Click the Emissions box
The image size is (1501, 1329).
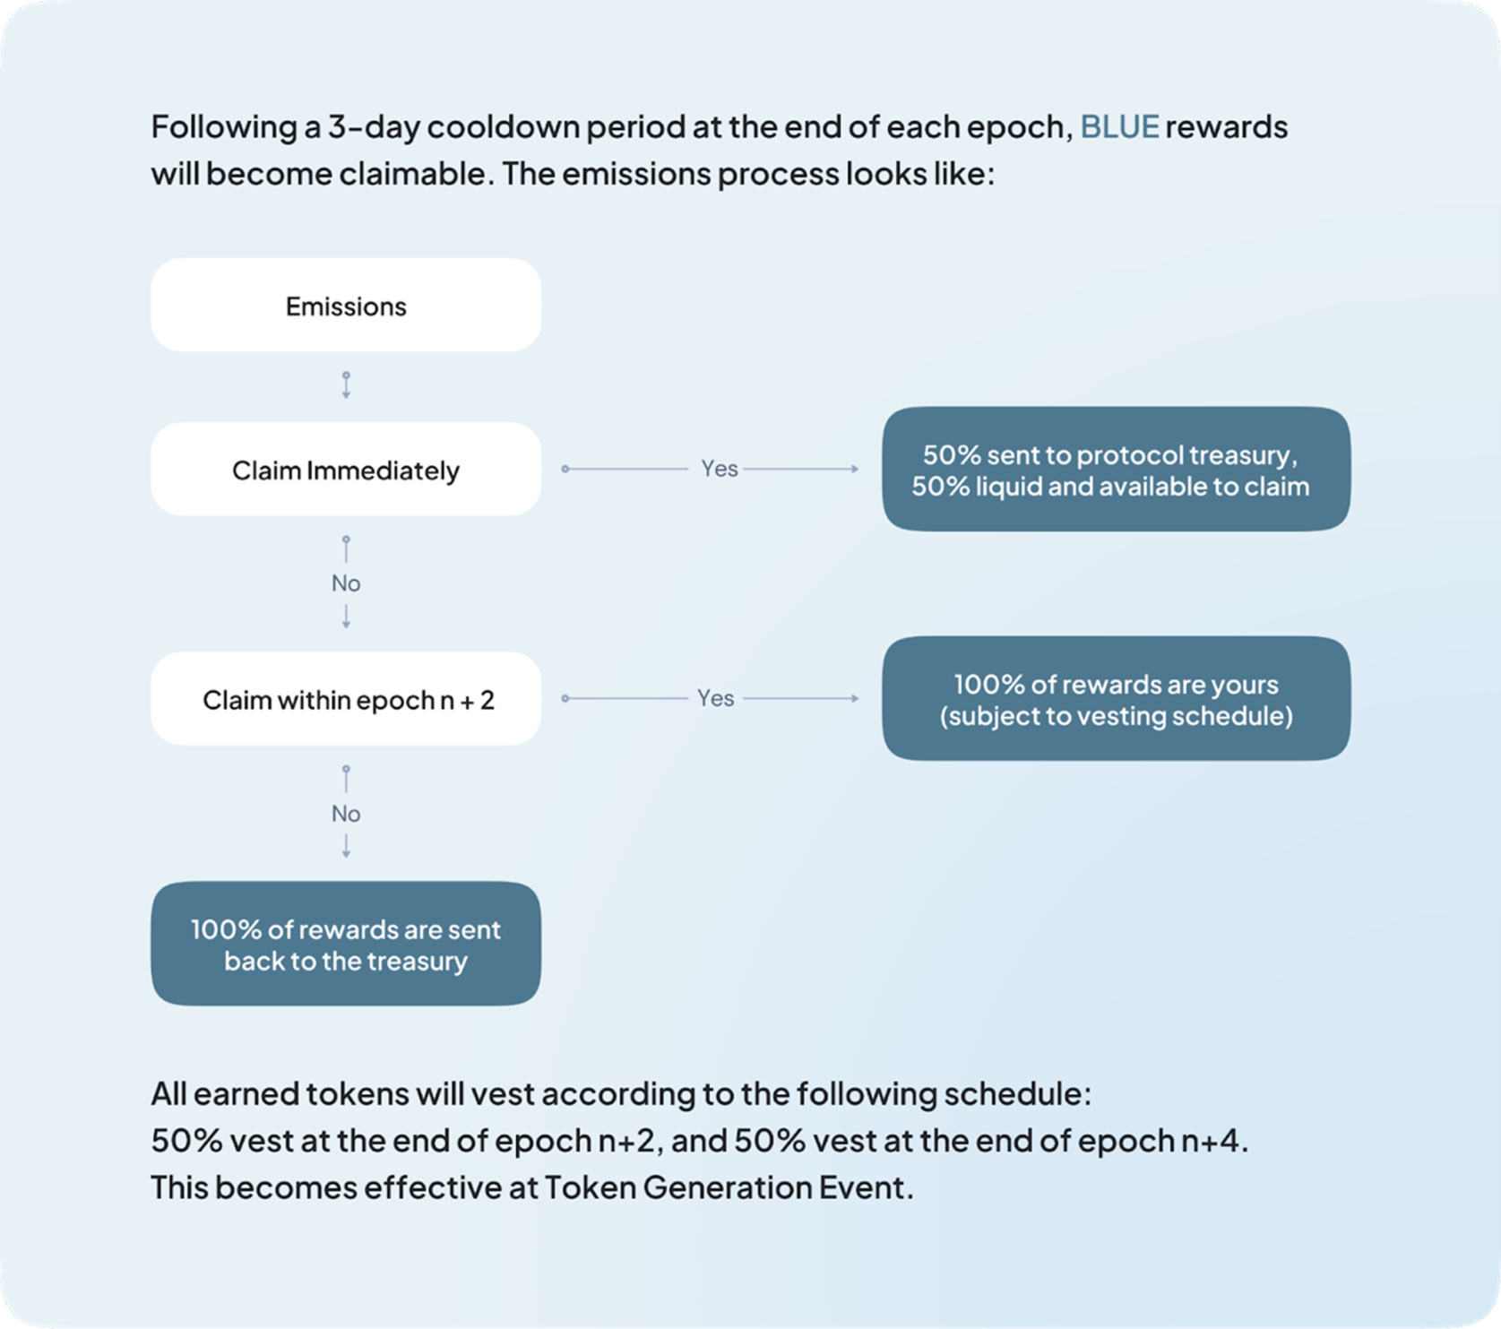pos(346,305)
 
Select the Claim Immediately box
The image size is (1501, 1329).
pos(346,469)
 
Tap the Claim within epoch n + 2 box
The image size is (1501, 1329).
pos(346,698)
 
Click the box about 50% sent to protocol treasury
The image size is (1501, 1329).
pos(1116,469)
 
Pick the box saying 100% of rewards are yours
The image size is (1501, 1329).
pos(1116,698)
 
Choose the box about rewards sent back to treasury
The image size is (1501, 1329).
pos(346,943)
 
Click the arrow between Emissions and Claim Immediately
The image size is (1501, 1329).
pos(346,385)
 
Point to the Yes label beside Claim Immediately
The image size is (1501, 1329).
pos(719,469)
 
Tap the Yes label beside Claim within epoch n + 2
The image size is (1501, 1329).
pos(716,698)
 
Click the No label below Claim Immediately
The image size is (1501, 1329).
pos(346,583)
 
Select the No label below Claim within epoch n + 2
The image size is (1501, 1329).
pos(346,814)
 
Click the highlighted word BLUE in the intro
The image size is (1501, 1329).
pos(1119,127)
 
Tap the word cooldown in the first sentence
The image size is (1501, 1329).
pos(503,127)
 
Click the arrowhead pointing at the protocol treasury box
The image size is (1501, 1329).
pos(855,469)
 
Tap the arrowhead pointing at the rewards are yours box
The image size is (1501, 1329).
pos(855,698)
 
